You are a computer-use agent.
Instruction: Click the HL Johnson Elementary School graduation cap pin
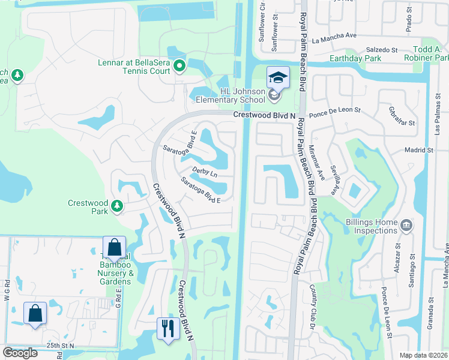coord(278,78)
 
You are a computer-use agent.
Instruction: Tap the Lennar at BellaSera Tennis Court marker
coord(179,65)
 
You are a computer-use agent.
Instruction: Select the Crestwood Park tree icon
coord(117,207)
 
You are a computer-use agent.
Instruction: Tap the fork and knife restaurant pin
coord(167,328)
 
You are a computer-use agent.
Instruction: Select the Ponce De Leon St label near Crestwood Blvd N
coord(334,111)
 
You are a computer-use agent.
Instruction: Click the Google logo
coord(20,353)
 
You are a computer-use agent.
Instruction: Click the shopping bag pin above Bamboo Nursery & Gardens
coord(114,248)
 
